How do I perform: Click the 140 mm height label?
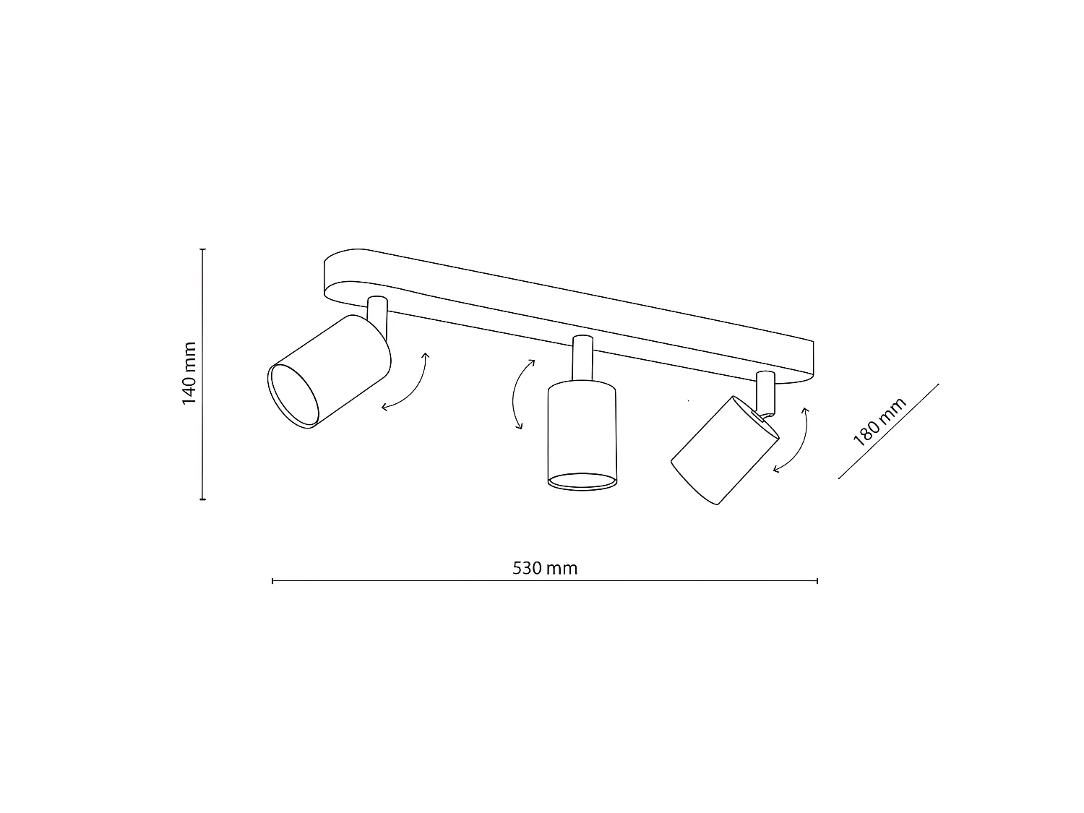189,373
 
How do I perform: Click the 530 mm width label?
545,568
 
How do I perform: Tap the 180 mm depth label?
879,423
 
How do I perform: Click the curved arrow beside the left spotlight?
407,383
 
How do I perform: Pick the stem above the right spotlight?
765,390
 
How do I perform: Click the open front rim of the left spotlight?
293,397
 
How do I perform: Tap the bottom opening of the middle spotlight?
582,482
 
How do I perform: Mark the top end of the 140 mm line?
203,249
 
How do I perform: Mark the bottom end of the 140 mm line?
203,499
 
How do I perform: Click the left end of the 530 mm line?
272,580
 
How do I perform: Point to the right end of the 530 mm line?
817,580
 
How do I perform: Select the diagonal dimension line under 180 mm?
888,431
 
